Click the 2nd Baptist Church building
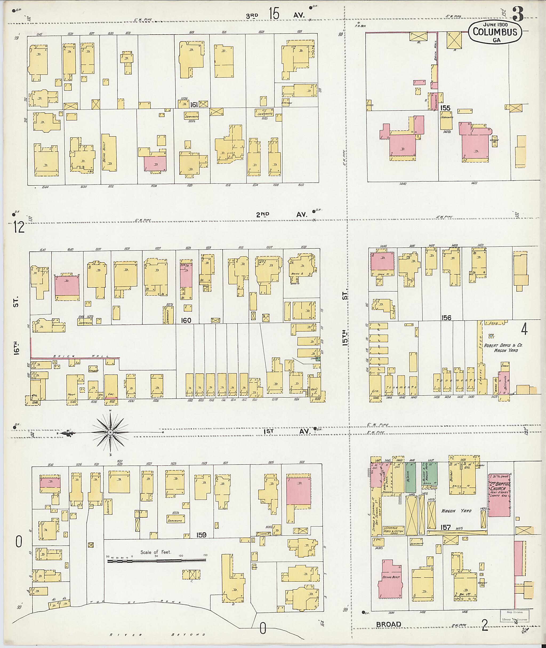[499, 495]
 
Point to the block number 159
[201, 535]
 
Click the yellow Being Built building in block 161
[109, 153]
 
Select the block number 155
[445, 108]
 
